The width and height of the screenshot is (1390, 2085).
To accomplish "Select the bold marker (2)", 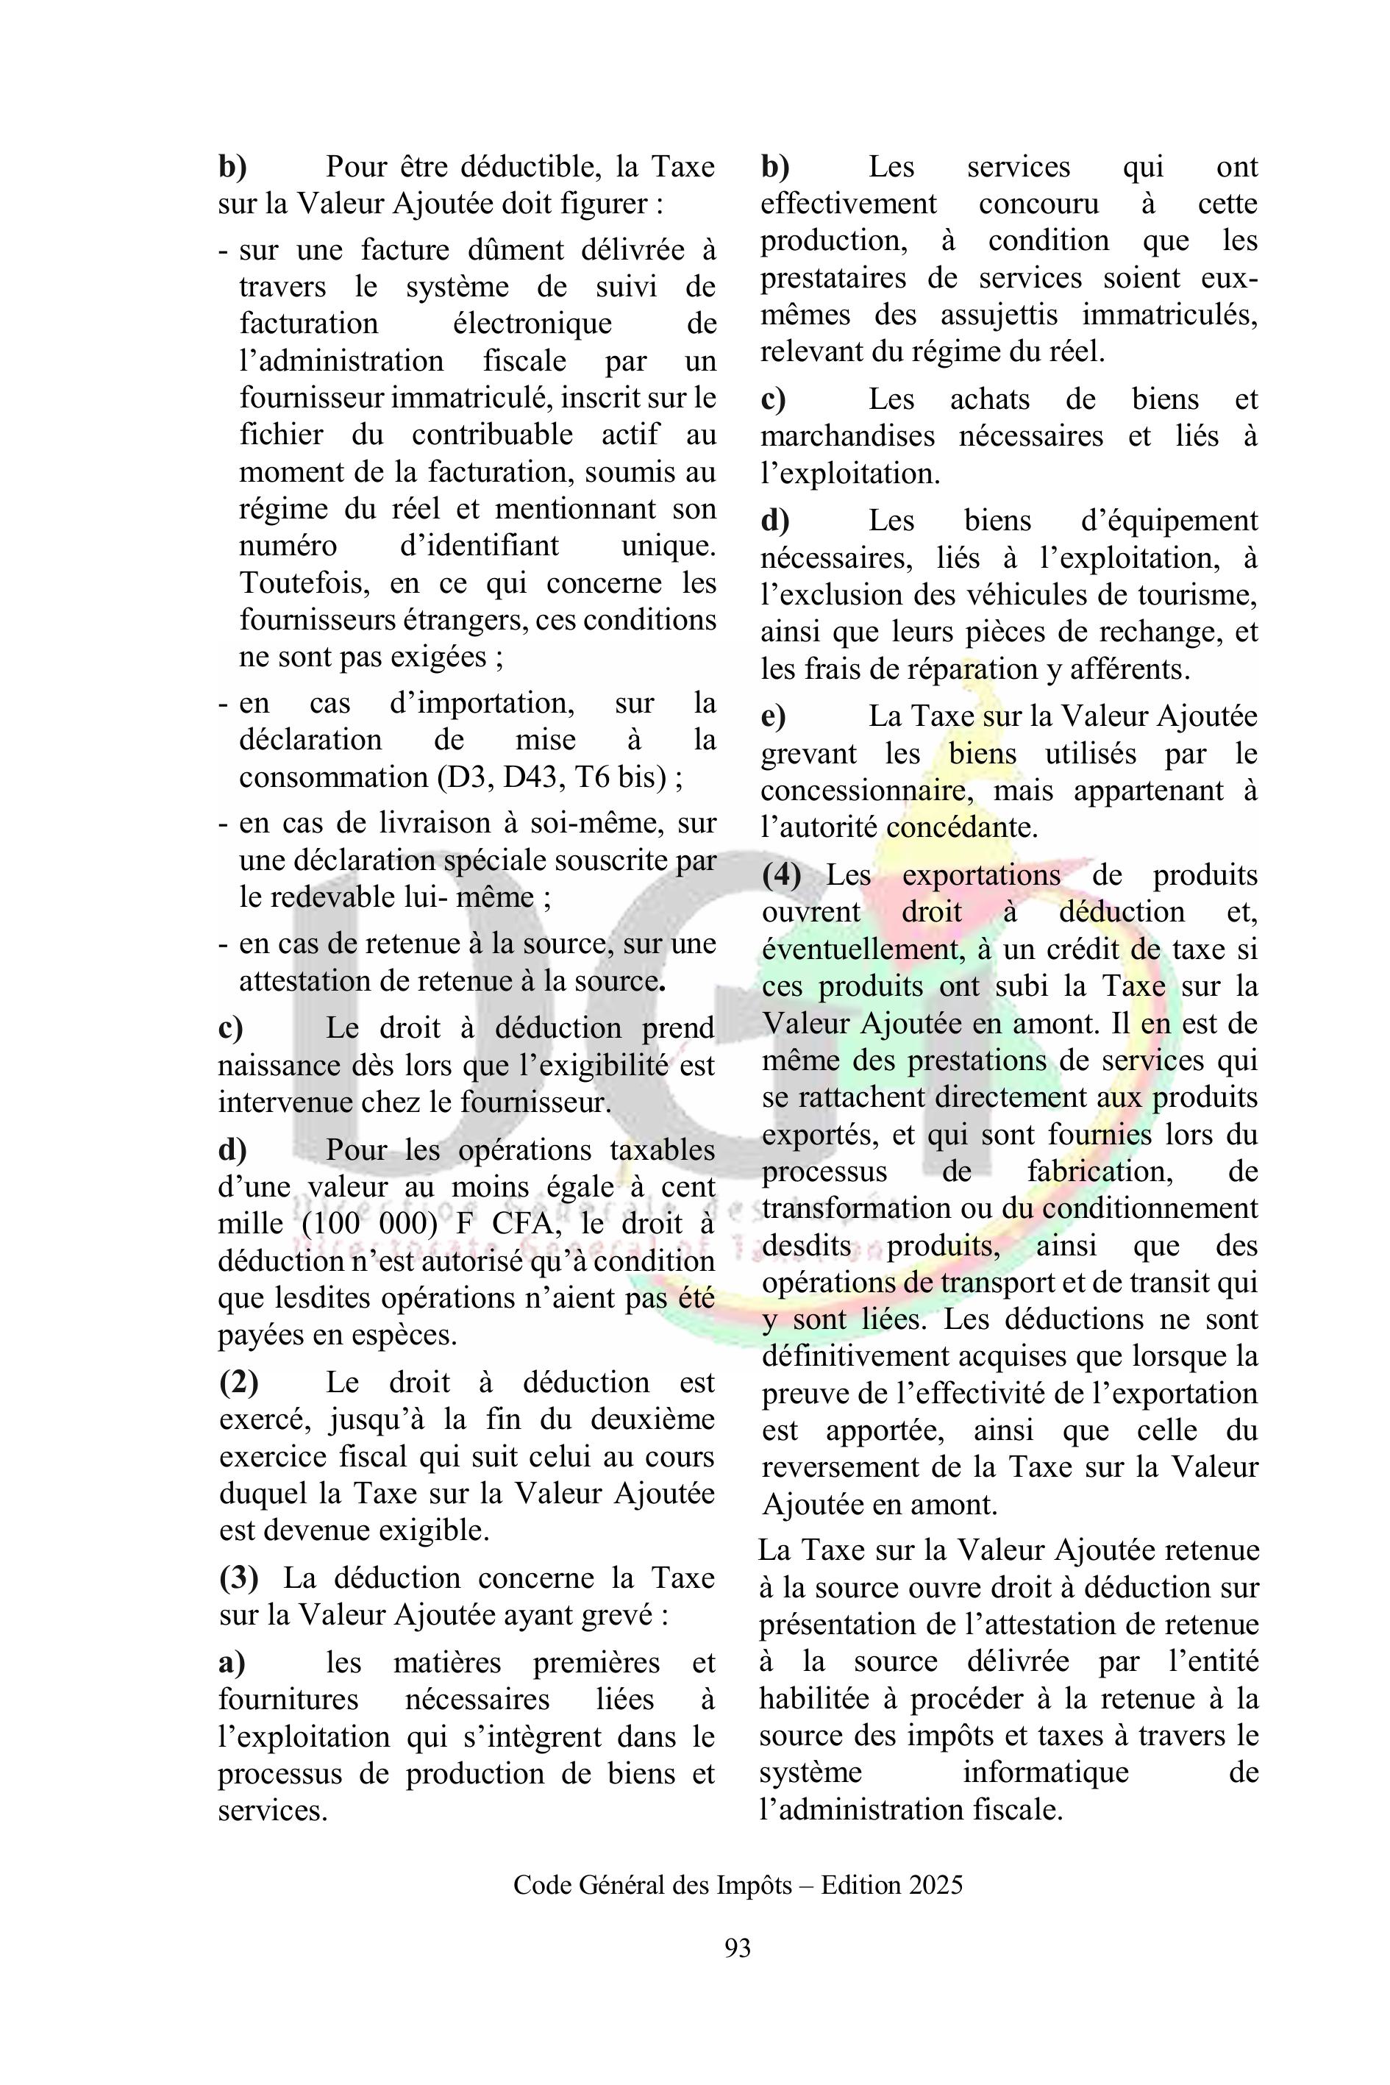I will pos(239,1383).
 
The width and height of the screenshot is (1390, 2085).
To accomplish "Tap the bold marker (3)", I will pos(239,1578).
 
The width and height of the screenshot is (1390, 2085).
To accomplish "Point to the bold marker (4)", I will pos(782,875).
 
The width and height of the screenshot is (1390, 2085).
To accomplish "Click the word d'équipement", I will pos(1169,521).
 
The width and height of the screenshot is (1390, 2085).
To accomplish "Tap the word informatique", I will pos(1046,1772).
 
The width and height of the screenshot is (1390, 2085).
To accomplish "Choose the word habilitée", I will pos(814,1698).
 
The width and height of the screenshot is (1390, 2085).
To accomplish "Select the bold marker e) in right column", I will pos(773,716).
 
